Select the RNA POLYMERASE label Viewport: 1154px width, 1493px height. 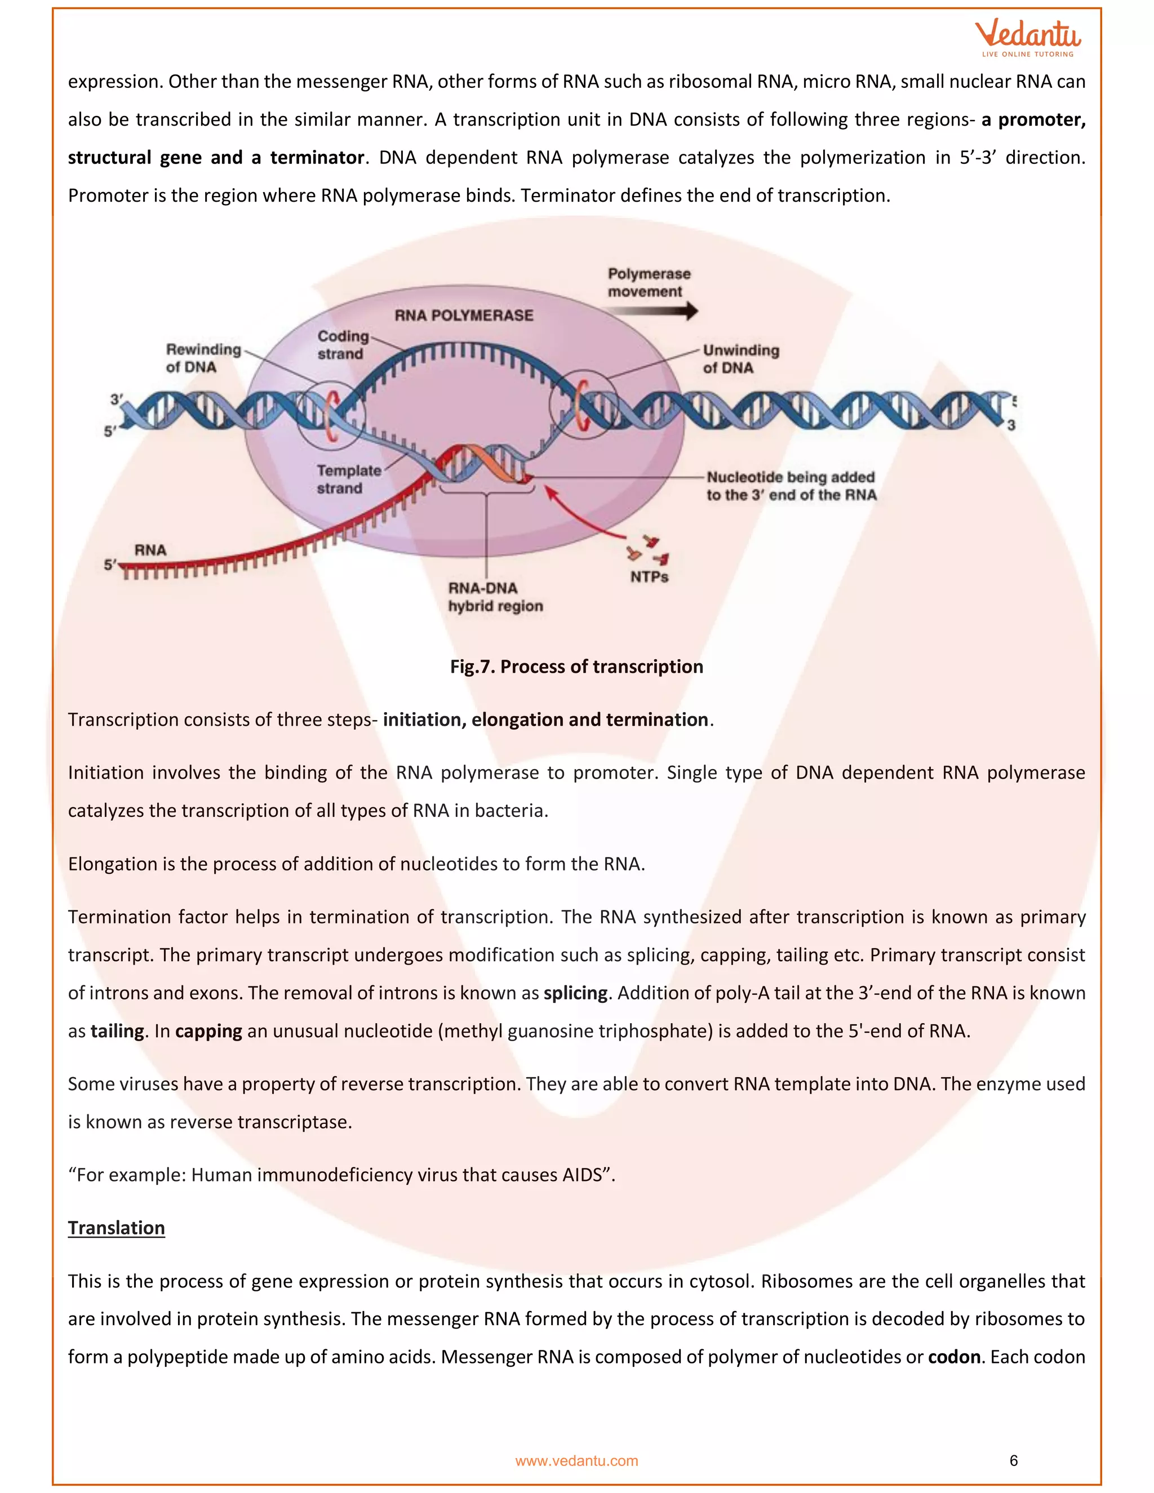point(464,315)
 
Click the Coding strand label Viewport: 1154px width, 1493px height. point(342,345)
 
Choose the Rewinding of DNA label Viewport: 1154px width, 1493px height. point(203,358)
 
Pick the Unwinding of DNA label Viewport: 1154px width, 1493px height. point(740,358)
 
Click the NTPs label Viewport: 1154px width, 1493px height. point(649,576)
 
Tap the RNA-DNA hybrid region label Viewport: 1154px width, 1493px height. point(495,597)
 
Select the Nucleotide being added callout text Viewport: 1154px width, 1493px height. point(791,485)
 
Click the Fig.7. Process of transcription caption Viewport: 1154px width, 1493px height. point(576,666)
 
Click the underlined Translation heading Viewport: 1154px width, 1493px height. point(116,1228)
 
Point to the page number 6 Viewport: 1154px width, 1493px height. point(1013,1460)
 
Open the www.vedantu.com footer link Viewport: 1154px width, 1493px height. point(576,1461)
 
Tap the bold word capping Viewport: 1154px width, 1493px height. point(208,1031)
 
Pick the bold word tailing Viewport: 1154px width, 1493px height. point(117,1031)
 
